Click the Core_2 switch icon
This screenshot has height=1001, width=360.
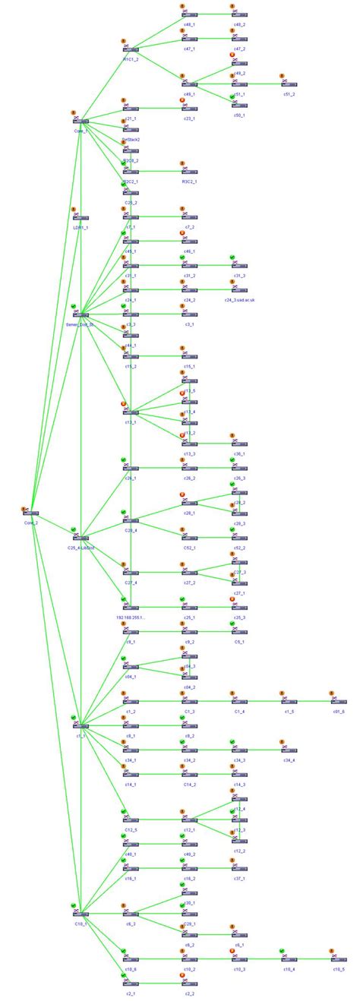coord(31,513)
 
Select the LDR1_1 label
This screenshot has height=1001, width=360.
coord(81,227)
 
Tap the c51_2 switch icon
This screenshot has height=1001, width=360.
coord(289,84)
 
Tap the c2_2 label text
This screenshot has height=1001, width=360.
coord(188,993)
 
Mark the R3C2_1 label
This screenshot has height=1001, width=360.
coord(188,182)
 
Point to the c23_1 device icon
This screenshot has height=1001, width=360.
coord(188,109)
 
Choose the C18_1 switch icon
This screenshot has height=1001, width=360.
coord(81,914)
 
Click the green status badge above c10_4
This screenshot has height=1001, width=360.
coord(282,950)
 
